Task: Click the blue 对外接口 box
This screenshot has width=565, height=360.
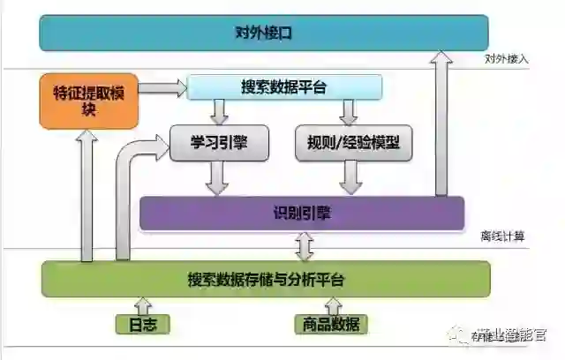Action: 263,33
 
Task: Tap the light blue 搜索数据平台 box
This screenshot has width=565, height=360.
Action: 283,86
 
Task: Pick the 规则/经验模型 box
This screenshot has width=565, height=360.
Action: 353,142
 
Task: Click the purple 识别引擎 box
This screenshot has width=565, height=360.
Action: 302,214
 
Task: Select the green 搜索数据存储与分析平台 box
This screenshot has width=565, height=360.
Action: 265,280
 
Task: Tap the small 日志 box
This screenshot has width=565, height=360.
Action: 142,324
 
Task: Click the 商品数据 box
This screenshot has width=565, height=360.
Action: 327,324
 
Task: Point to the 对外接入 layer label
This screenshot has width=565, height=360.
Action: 506,59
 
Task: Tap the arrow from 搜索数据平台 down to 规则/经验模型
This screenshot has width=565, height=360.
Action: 349,111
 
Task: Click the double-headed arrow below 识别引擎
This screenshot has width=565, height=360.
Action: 306,246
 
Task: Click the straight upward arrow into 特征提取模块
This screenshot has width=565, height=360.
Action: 87,194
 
